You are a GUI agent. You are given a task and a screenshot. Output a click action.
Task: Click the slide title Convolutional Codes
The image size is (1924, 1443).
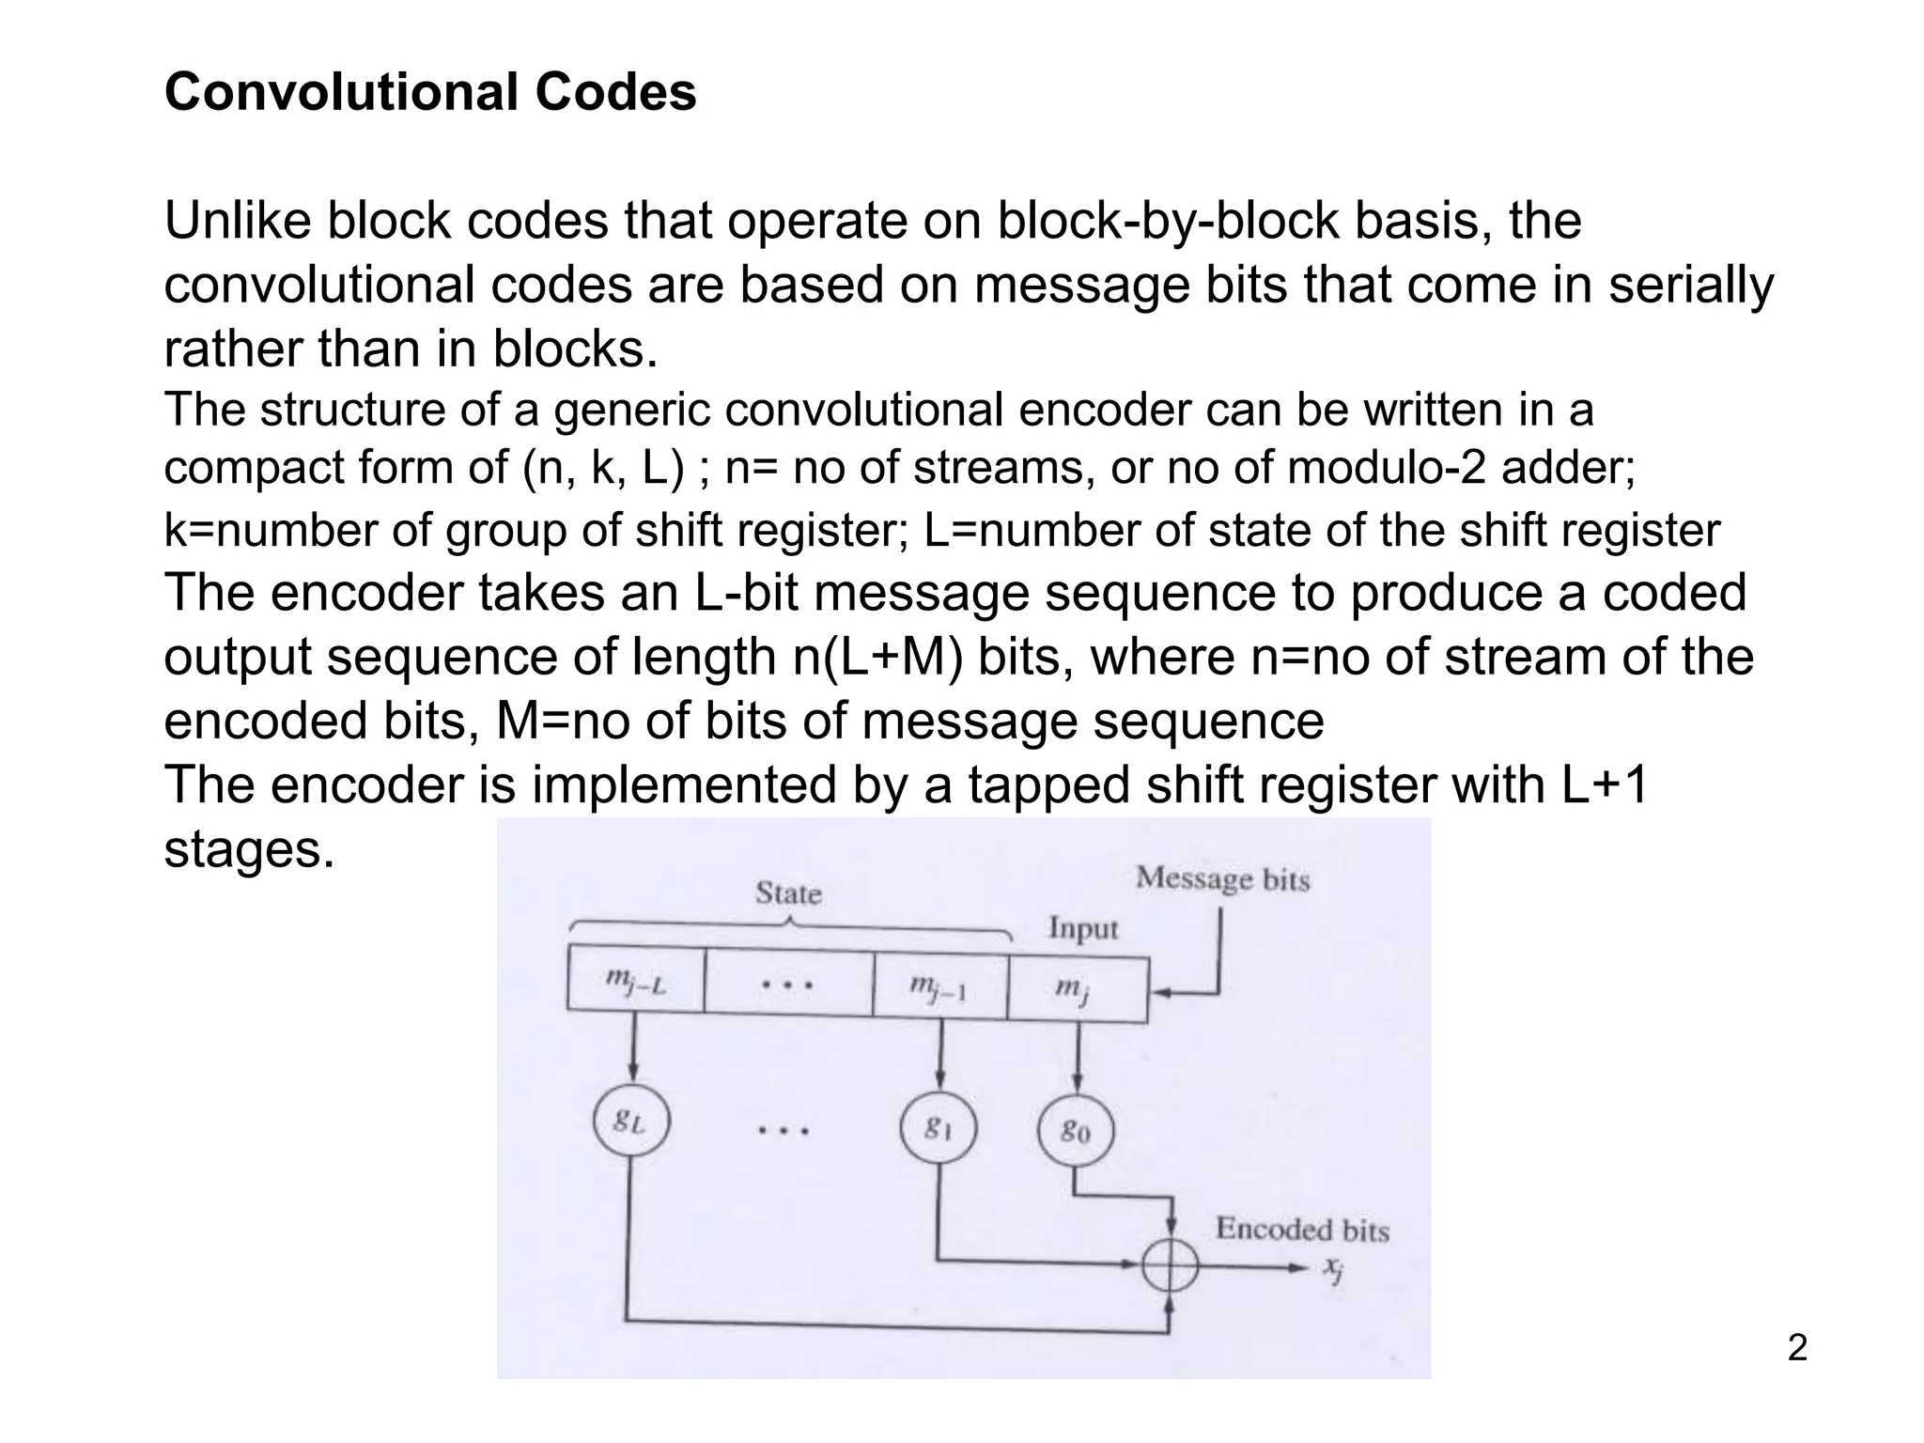coord(430,92)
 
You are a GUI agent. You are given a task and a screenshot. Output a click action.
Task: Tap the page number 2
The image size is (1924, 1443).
coord(1796,1348)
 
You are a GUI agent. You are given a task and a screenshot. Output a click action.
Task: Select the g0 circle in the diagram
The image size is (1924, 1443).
coord(1076,1131)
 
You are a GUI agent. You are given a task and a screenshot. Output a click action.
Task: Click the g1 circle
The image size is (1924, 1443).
coord(938,1128)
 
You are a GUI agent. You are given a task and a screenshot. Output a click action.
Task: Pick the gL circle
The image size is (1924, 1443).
coord(631,1121)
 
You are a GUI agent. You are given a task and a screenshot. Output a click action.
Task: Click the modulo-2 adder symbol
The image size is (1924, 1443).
coord(1170,1267)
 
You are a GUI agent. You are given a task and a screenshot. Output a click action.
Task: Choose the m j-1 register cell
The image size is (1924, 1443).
coord(939,986)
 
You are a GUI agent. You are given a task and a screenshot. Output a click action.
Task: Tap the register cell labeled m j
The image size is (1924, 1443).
coord(1077,988)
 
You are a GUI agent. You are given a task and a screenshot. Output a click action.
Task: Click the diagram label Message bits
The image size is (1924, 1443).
coord(1222,879)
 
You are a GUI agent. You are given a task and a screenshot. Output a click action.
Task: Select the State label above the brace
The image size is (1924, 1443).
coord(788,892)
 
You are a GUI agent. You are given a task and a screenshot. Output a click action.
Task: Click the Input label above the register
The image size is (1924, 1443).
coord(1083,928)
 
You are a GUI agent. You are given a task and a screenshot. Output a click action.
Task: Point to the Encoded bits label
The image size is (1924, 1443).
coord(1302,1229)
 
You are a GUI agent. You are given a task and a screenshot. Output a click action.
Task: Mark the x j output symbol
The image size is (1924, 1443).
coord(1333,1269)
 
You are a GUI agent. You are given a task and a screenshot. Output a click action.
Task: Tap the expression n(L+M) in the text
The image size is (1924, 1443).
coord(872,657)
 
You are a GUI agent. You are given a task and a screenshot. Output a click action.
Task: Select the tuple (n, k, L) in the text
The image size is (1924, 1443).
coord(602,467)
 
